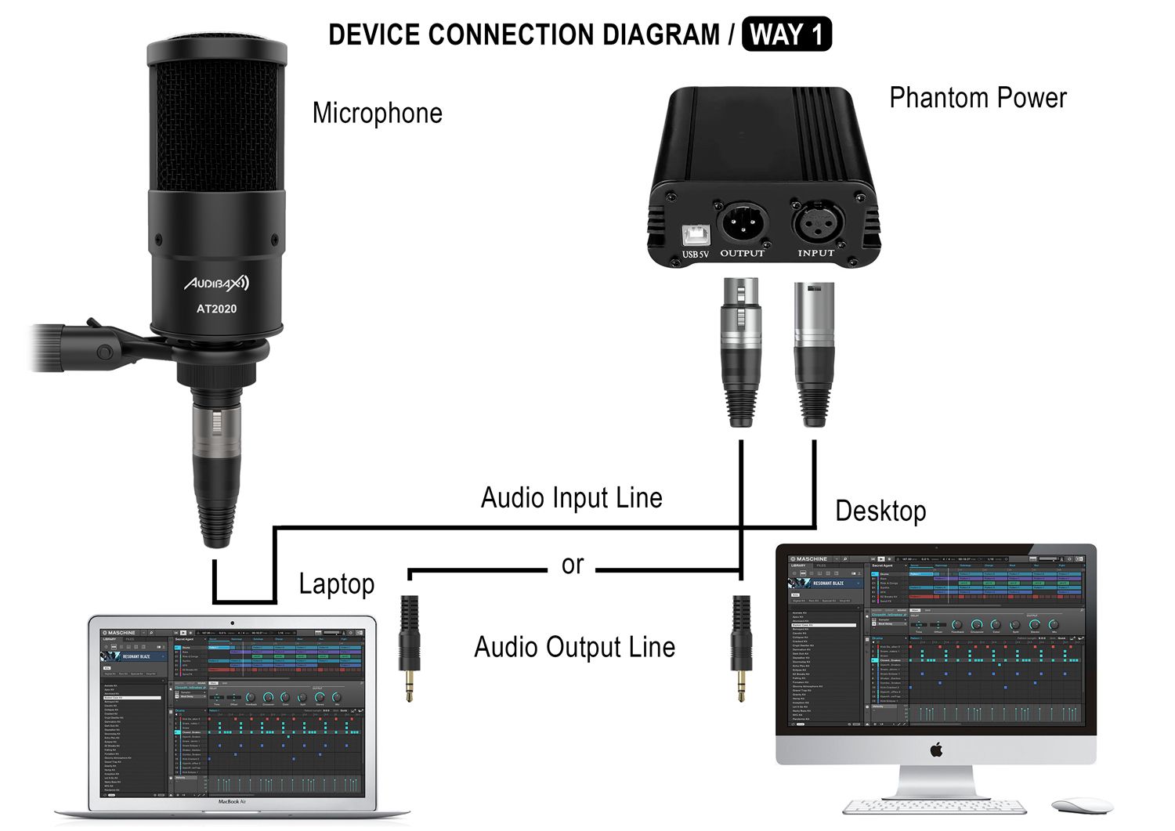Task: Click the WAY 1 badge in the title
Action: pos(786,35)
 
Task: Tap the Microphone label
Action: pos(377,113)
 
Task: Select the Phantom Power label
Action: pos(978,98)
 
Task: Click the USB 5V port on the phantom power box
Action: pos(694,234)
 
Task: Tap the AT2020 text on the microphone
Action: pos(216,309)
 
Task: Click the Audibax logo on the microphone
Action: pos(216,283)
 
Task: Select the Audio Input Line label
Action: pos(572,498)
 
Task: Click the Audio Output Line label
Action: pos(574,648)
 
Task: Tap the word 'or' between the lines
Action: pos(573,564)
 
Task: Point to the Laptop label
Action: pos(337,584)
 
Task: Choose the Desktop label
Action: pos(880,511)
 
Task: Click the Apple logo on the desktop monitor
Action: pos(936,750)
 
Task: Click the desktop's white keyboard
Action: pos(935,807)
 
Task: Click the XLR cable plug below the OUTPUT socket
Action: pos(741,352)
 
